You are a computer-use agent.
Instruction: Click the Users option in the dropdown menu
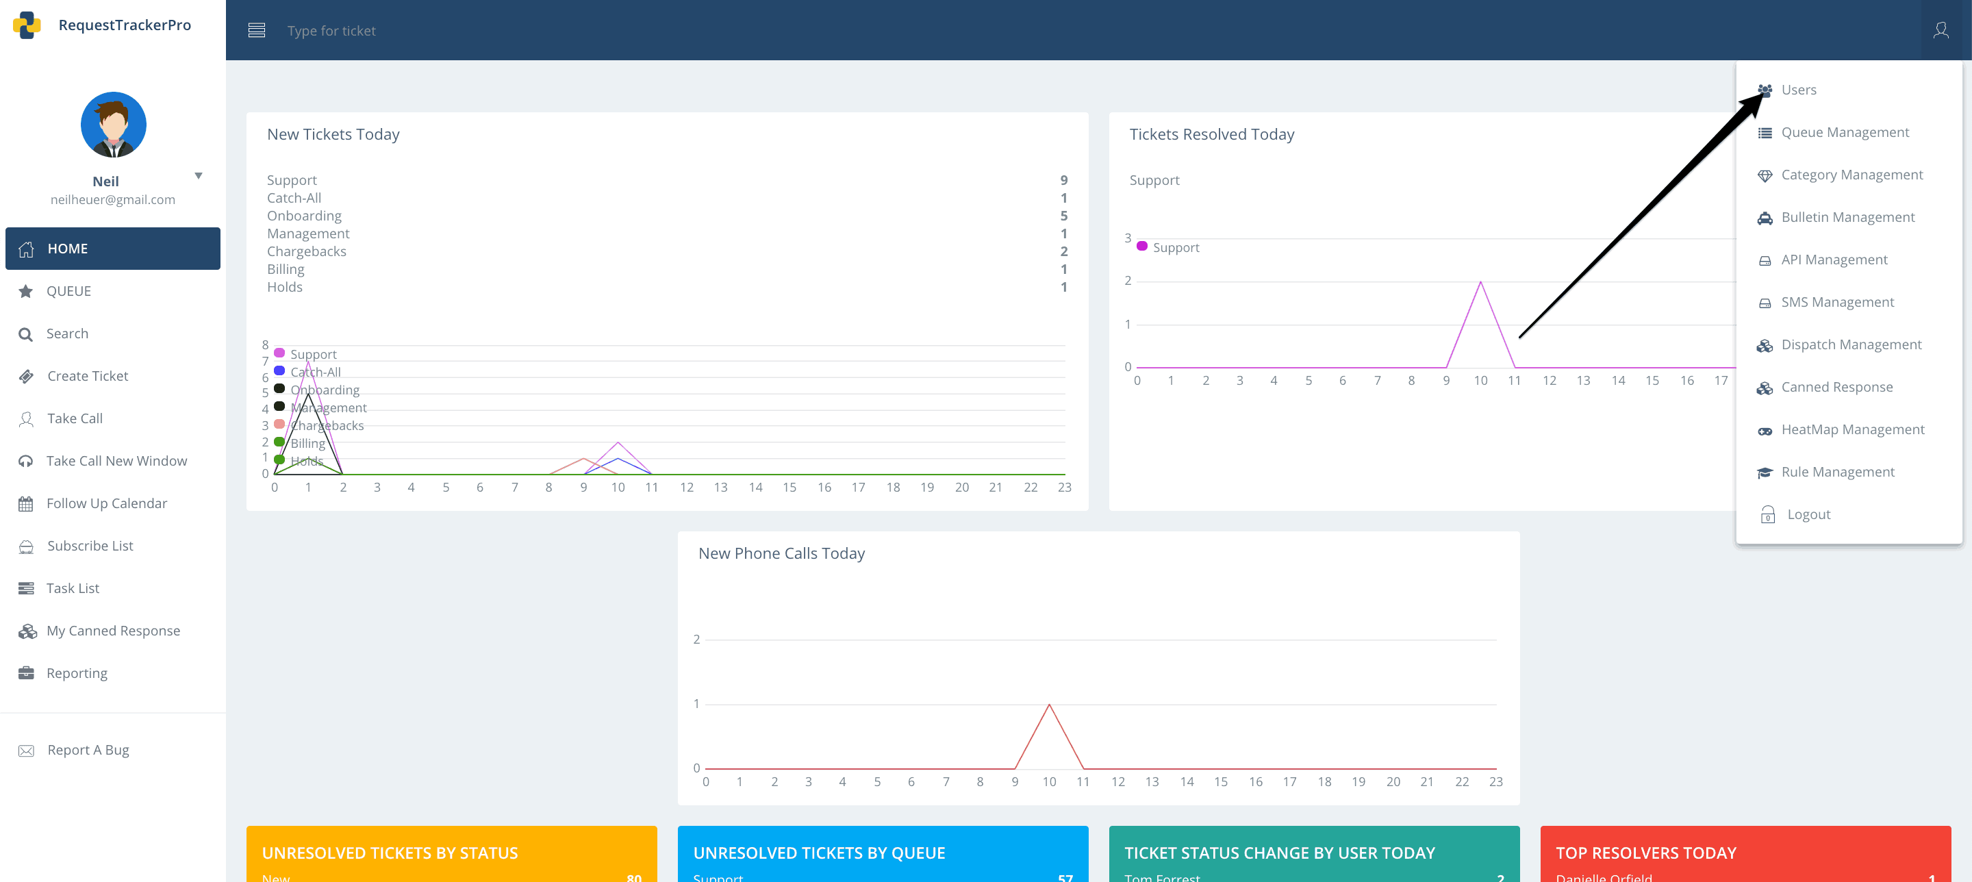[1797, 90]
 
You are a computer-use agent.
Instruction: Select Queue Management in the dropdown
[1844, 132]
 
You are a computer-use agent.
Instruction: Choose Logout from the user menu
[1808, 514]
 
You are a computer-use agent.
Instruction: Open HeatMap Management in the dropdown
[1851, 429]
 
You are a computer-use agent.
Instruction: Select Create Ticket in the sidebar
[87, 376]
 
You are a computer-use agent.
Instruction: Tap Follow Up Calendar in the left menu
[106, 503]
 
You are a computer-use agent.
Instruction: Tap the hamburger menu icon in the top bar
[257, 31]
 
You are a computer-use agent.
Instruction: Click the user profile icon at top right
[1941, 31]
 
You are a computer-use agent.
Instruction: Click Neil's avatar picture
[113, 125]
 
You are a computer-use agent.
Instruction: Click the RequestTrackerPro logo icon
[27, 25]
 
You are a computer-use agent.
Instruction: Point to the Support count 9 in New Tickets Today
[1063, 181]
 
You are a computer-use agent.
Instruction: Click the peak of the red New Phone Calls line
[1049, 705]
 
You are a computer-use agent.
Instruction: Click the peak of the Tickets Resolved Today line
[1480, 283]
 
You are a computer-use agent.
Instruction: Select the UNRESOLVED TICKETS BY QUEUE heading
[818, 853]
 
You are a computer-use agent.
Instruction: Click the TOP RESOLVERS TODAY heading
[1645, 853]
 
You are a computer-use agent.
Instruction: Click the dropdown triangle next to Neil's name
[199, 176]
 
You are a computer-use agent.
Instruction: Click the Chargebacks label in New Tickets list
[306, 252]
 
